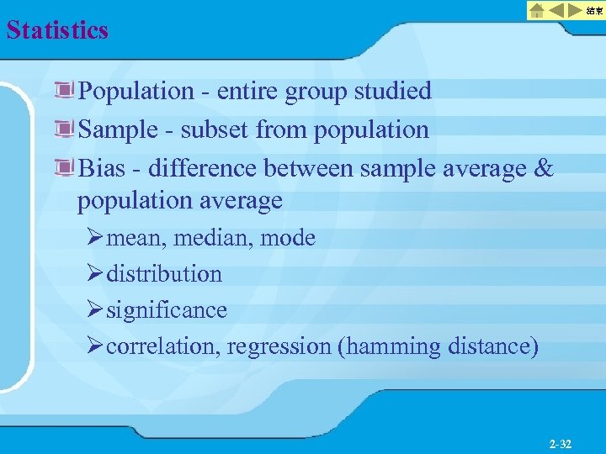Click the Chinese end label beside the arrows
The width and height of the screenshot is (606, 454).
pyautogui.click(x=595, y=10)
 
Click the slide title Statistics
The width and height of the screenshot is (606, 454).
pyautogui.click(x=57, y=30)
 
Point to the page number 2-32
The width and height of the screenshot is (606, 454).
pyautogui.click(x=560, y=444)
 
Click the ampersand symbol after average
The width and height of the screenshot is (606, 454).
pyautogui.click(x=545, y=168)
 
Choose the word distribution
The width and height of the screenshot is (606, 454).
pyautogui.click(x=164, y=274)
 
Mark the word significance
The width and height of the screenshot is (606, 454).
pyautogui.click(x=167, y=310)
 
